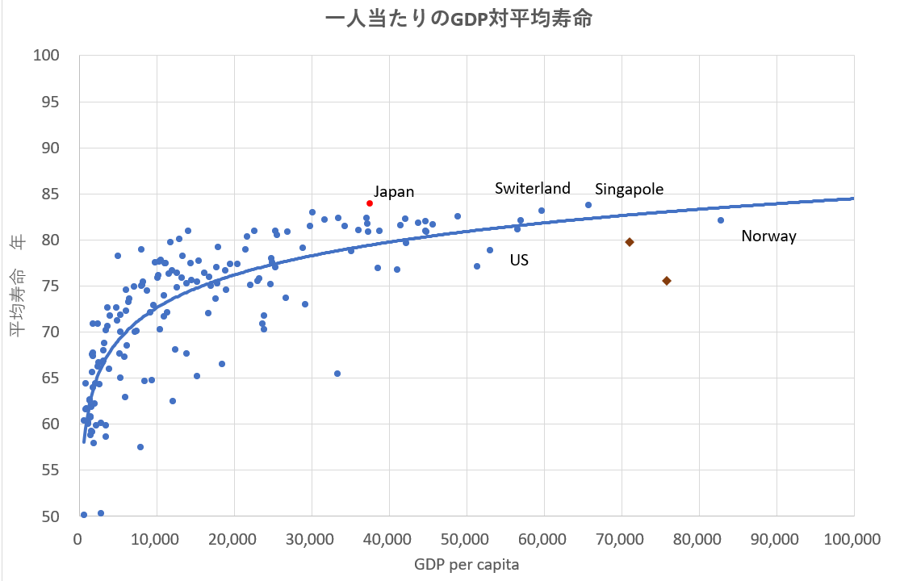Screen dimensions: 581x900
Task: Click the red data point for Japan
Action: [370, 203]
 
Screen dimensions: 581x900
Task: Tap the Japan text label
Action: [394, 192]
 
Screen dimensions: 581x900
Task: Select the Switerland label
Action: [533, 189]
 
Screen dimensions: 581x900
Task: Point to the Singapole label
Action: [629, 190]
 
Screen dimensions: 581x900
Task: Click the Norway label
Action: [768, 236]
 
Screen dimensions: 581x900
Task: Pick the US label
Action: [519, 261]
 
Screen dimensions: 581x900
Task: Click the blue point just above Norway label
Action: [721, 220]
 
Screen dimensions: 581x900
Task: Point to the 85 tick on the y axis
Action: [51, 194]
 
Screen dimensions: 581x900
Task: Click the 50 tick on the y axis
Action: [51, 516]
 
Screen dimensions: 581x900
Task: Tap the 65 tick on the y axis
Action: [51, 378]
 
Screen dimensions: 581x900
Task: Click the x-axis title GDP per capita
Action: [466, 565]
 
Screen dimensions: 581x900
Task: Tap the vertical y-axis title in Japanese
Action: [18, 286]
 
